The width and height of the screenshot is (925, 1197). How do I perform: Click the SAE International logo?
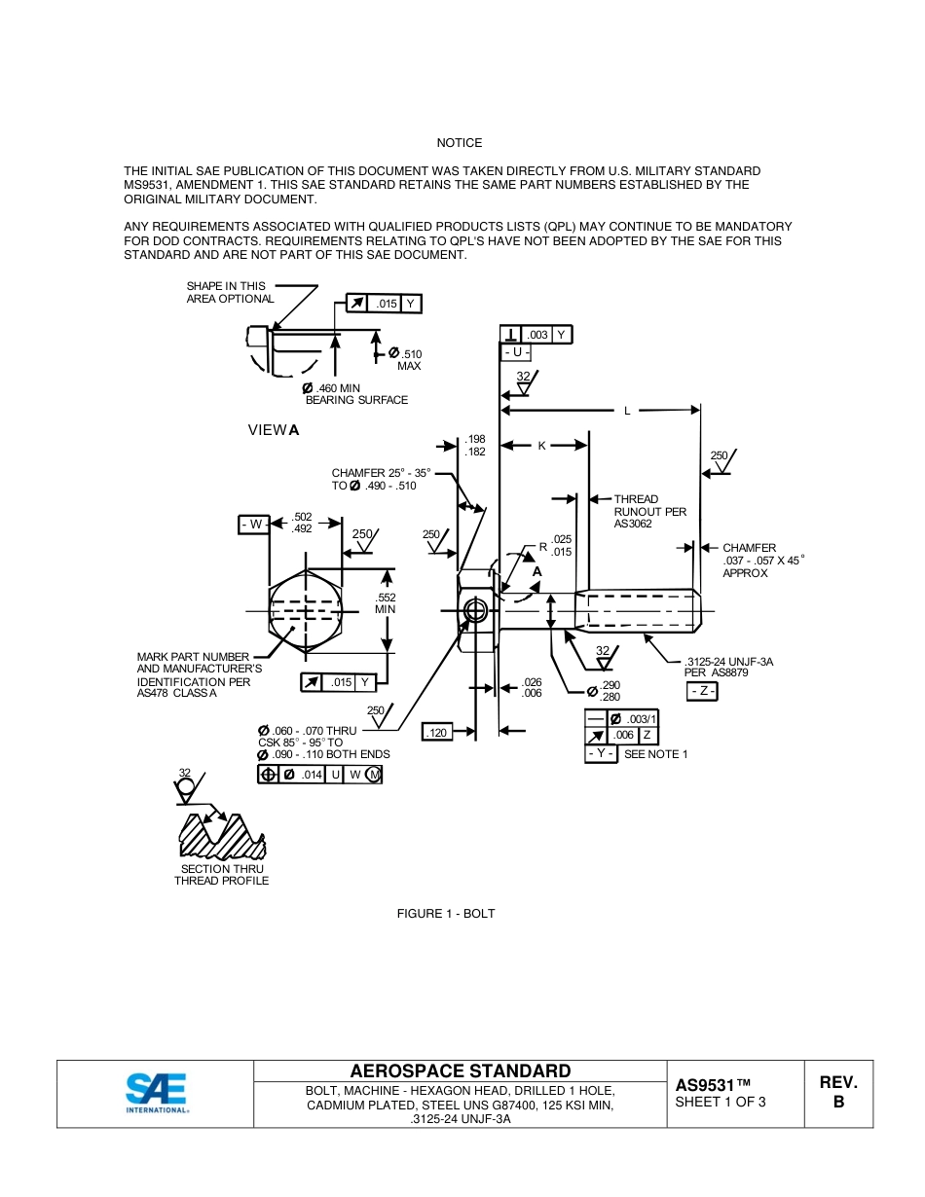(156, 1092)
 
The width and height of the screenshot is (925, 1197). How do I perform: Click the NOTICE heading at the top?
(460, 143)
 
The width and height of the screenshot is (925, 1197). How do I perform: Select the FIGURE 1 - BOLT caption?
(445, 913)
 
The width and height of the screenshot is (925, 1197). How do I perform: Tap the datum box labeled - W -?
(253, 525)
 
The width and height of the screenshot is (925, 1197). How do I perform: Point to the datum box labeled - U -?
(515, 351)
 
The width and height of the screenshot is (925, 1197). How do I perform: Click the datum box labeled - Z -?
(702, 691)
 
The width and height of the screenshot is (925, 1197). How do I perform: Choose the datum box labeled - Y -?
(601, 754)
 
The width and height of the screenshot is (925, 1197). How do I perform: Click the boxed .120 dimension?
(437, 732)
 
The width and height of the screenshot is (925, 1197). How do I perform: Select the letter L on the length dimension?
(627, 411)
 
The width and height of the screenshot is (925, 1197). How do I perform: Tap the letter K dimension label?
(542, 446)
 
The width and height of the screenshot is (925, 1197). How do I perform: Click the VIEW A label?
(274, 430)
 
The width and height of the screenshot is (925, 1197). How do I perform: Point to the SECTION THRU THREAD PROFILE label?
(222, 875)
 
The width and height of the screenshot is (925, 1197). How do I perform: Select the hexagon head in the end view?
(306, 610)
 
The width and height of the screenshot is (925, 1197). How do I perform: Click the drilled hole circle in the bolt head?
(475, 611)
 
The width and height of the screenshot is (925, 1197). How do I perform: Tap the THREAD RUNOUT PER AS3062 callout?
(649, 511)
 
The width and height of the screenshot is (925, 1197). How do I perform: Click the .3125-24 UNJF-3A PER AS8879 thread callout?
(728, 667)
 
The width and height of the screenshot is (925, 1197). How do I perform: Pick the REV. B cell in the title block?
(837, 1092)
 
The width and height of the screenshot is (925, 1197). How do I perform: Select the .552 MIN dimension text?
(387, 603)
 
